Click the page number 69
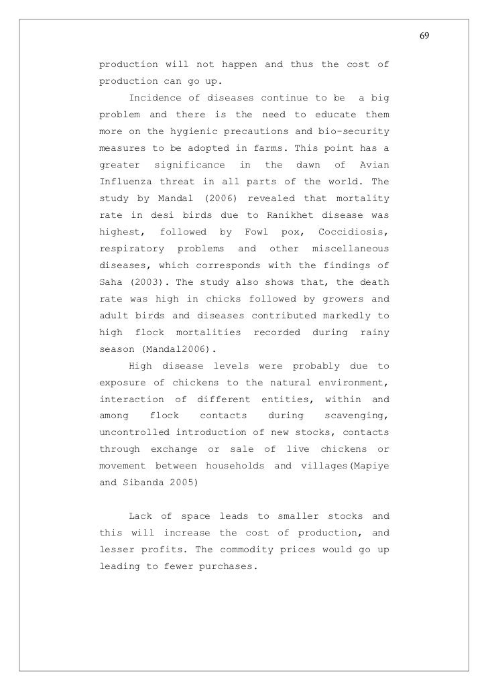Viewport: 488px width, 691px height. pyautogui.click(x=424, y=35)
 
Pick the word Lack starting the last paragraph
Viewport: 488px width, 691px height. pyautogui.click(x=140, y=515)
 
